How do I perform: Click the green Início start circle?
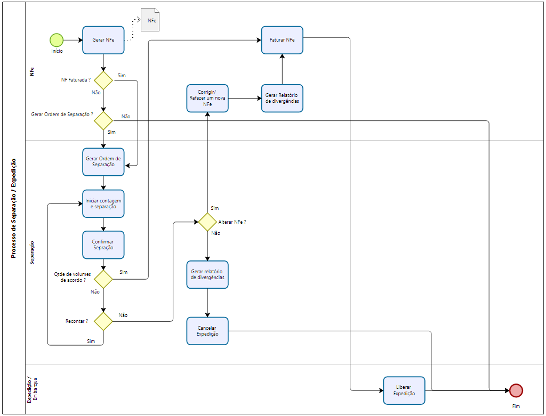coord(57,40)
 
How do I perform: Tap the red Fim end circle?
coord(516,390)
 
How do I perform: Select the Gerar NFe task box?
coord(103,40)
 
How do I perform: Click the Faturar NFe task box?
coord(282,40)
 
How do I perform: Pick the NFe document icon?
coord(150,20)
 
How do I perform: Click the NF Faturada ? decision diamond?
coord(103,80)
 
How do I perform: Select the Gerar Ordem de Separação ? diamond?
coord(103,120)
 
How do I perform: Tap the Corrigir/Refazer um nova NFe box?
coord(207,98)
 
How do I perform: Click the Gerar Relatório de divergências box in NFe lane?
coord(282,98)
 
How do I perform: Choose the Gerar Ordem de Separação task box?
coord(103,162)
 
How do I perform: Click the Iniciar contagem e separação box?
coord(103,203)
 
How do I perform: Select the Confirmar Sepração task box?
coord(103,244)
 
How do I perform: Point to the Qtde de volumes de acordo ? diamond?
coord(103,279)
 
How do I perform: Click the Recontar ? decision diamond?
coord(103,321)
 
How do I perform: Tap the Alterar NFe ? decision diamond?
coord(207,222)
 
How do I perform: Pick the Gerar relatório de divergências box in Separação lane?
coord(207,274)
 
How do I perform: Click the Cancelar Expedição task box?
coord(207,331)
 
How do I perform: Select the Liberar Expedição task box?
coord(404,390)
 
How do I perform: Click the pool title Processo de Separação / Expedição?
coord(14,208)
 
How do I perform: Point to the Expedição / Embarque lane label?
coord(32,389)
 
